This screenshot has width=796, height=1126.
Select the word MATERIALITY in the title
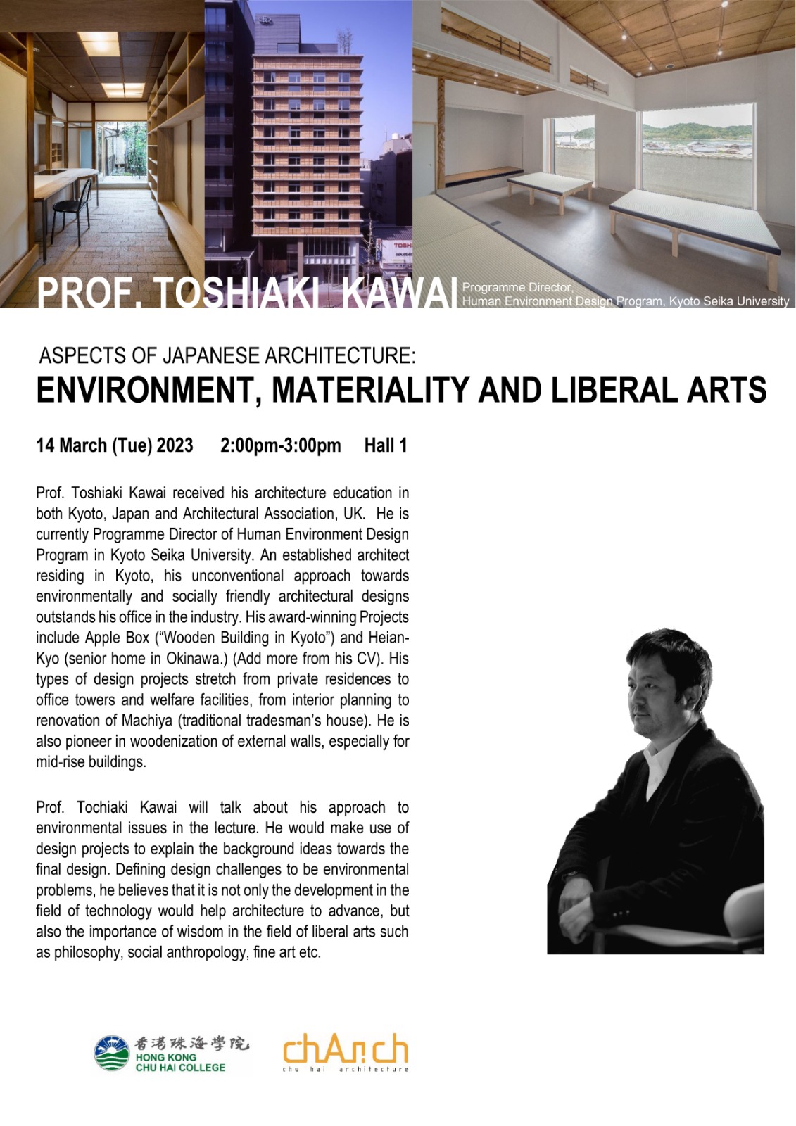pos(370,391)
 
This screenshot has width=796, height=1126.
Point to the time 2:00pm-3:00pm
pos(280,445)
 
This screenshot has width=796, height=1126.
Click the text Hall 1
pos(386,445)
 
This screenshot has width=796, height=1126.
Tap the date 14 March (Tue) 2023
pos(115,445)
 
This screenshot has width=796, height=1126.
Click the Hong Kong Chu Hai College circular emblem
pos(112,1053)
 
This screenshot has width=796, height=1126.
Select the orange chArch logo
pos(345,1051)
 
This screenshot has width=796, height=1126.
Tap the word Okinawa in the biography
pos(196,659)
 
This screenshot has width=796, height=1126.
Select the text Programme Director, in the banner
pos(517,287)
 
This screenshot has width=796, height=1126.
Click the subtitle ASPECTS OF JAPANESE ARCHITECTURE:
pos(227,355)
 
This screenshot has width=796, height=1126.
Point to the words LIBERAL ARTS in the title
pos(659,391)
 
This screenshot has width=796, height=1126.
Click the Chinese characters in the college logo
pos(191,1043)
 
